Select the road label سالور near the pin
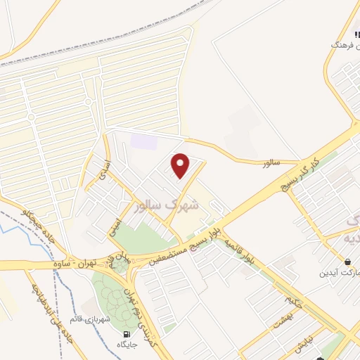(x=271, y=162)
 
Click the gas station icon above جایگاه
(x=127, y=334)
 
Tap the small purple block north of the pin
(x=143, y=141)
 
